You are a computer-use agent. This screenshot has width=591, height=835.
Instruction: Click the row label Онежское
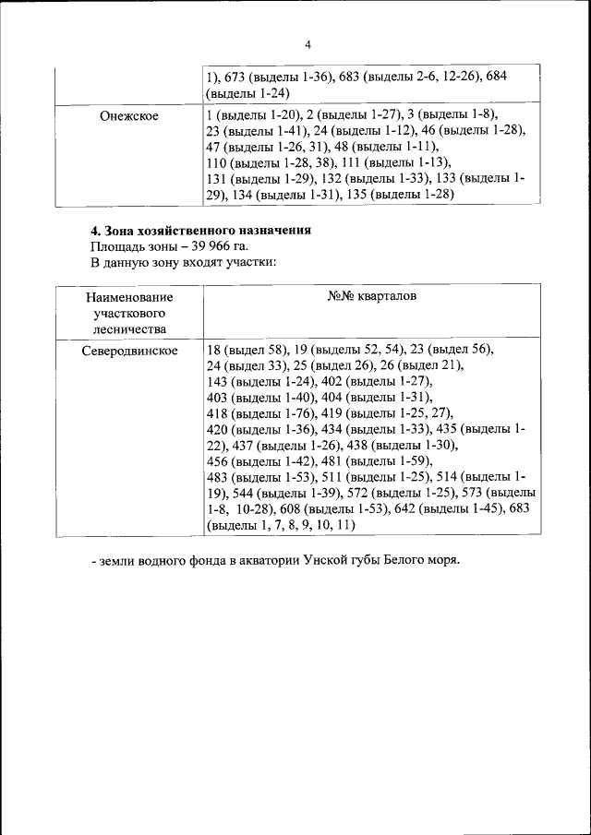128,116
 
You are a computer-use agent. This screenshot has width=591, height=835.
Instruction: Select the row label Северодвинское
128,352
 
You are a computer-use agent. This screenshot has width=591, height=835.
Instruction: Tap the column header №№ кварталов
372,297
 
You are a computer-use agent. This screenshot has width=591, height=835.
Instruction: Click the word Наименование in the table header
128,298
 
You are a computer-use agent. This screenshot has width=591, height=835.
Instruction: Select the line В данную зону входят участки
183,262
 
